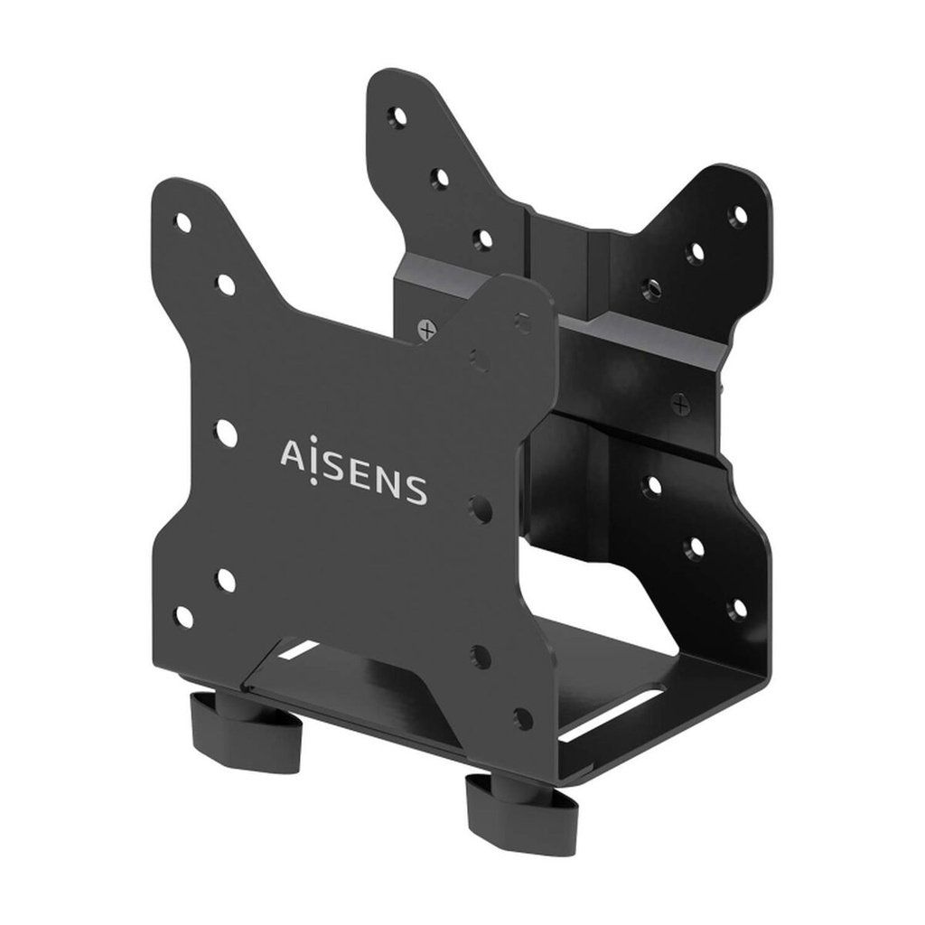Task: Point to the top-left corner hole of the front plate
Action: click(183, 221)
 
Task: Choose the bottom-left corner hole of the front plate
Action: click(183, 617)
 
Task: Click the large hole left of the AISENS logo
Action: click(226, 433)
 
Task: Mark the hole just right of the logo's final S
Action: click(479, 508)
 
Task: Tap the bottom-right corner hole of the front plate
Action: click(522, 718)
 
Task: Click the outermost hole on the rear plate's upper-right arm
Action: click(738, 215)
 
